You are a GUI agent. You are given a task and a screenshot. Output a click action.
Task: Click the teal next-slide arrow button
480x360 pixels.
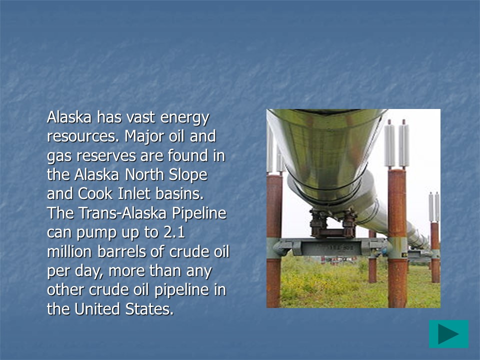click(448, 334)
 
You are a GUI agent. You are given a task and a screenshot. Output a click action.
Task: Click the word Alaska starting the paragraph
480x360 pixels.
click(69, 117)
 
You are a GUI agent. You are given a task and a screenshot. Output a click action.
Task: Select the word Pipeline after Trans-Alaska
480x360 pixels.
click(199, 213)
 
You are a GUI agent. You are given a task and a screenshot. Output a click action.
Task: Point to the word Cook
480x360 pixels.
click(95, 194)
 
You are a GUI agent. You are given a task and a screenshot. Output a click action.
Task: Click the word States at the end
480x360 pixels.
click(149, 309)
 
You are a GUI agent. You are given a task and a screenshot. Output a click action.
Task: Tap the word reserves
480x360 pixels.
click(105, 156)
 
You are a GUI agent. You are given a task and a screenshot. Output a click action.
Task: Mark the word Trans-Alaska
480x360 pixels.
click(122, 213)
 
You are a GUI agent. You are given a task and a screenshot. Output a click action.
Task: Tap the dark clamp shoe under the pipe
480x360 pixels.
click(333, 223)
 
